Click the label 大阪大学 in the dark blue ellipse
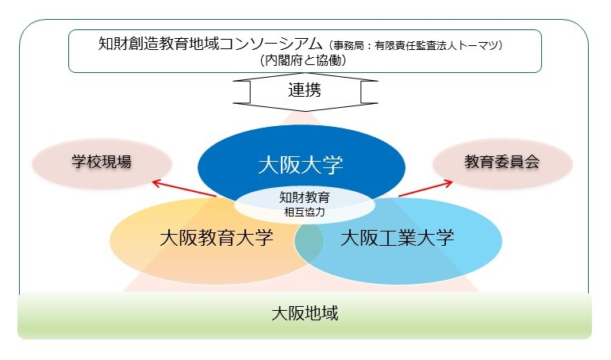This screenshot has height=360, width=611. [x=301, y=165]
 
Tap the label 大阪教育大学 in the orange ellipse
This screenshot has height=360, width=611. [x=216, y=238]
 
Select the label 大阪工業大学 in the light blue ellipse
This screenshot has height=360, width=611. [x=397, y=238]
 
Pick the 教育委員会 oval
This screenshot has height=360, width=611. [x=501, y=162]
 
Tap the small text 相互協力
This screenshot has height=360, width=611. [x=305, y=212]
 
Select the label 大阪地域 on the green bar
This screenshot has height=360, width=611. [x=305, y=313]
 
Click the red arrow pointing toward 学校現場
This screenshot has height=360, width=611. [x=184, y=189]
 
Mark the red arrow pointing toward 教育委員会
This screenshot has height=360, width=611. [x=425, y=189]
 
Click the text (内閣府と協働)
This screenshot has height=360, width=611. [x=305, y=59]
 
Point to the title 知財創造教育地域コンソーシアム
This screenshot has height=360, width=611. [x=211, y=42]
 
